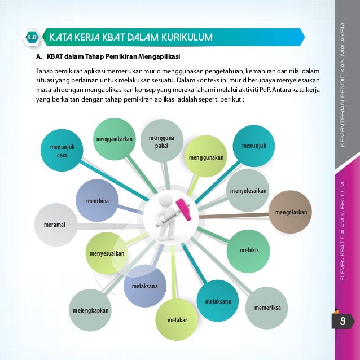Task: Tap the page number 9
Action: (342, 323)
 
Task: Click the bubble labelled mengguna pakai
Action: (161, 141)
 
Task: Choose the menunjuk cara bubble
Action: (62, 151)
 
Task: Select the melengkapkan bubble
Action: (91, 311)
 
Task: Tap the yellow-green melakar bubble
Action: (177, 320)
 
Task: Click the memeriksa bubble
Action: (267, 308)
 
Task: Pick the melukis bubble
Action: (249, 249)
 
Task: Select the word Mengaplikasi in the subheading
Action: (157, 57)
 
